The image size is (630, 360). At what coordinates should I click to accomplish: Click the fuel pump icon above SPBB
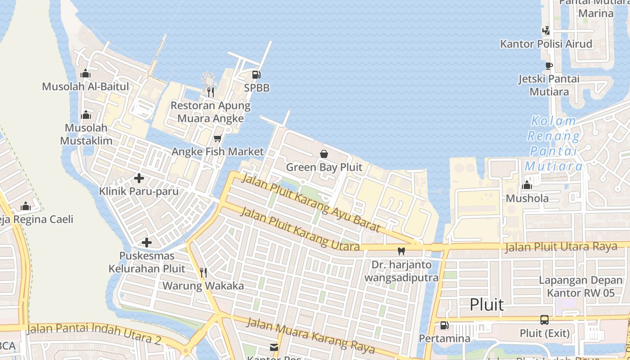tap(256, 75)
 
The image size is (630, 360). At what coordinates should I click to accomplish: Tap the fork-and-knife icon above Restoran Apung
tap(210, 92)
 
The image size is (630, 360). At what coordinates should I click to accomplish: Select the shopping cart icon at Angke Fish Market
tap(218, 138)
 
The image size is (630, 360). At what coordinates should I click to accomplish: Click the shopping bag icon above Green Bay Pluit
tap(324, 154)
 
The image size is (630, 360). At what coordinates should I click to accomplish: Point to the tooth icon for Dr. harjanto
tap(401, 252)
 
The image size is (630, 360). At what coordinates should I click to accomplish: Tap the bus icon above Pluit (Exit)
tap(544, 320)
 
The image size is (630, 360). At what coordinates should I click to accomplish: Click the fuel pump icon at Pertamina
tap(444, 325)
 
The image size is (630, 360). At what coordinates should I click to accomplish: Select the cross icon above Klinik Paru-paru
tap(139, 178)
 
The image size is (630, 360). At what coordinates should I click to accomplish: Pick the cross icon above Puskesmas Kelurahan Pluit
tap(146, 243)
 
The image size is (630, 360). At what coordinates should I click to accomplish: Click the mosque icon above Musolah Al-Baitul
tap(85, 73)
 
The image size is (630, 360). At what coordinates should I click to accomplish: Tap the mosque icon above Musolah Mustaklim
tap(85, 115)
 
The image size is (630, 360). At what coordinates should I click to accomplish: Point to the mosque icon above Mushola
tap(527, 185)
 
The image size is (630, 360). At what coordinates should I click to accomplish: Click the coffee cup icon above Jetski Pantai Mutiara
tap(549, 66)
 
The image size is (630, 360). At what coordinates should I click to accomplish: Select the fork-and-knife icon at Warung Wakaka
tap(203, 272)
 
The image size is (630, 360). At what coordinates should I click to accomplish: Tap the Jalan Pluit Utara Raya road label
tap(561, 247)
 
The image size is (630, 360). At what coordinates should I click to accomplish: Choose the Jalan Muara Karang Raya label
tap(311, 335)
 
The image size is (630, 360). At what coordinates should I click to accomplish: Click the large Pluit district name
tap(486, 305)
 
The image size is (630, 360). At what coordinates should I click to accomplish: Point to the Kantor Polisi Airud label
tap(546, 44)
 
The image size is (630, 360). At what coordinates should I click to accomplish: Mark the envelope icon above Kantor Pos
tap(274, 347)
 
